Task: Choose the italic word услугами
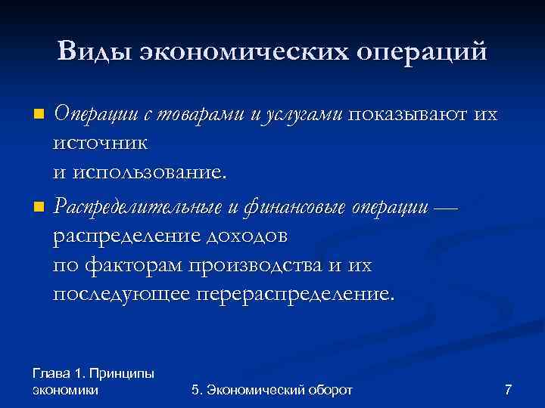click(x=303, y=115)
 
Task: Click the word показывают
click(x=407, y=115)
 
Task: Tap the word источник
click(x=100, y=143)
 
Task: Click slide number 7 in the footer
click(x=508, y=390)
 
